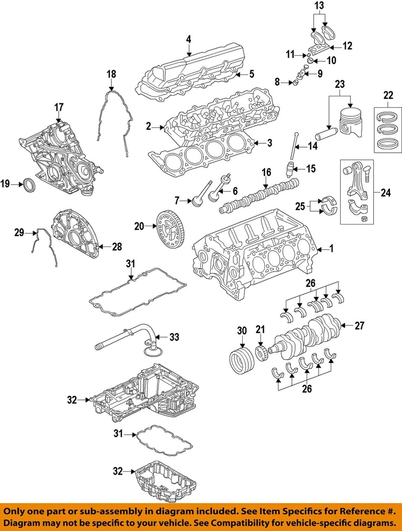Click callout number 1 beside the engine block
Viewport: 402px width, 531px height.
pyautogui.click(x=331, y=249)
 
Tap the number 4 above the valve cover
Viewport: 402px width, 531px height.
pyautogui.click(x=188, y=39)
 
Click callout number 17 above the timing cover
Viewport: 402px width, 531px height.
pyautogui.click(x=59, y=106)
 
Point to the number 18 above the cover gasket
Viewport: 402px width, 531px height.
pyautogui.click(x=111, y=74)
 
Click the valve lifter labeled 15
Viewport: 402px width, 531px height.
pyautogui.click(x=289, y=169)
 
